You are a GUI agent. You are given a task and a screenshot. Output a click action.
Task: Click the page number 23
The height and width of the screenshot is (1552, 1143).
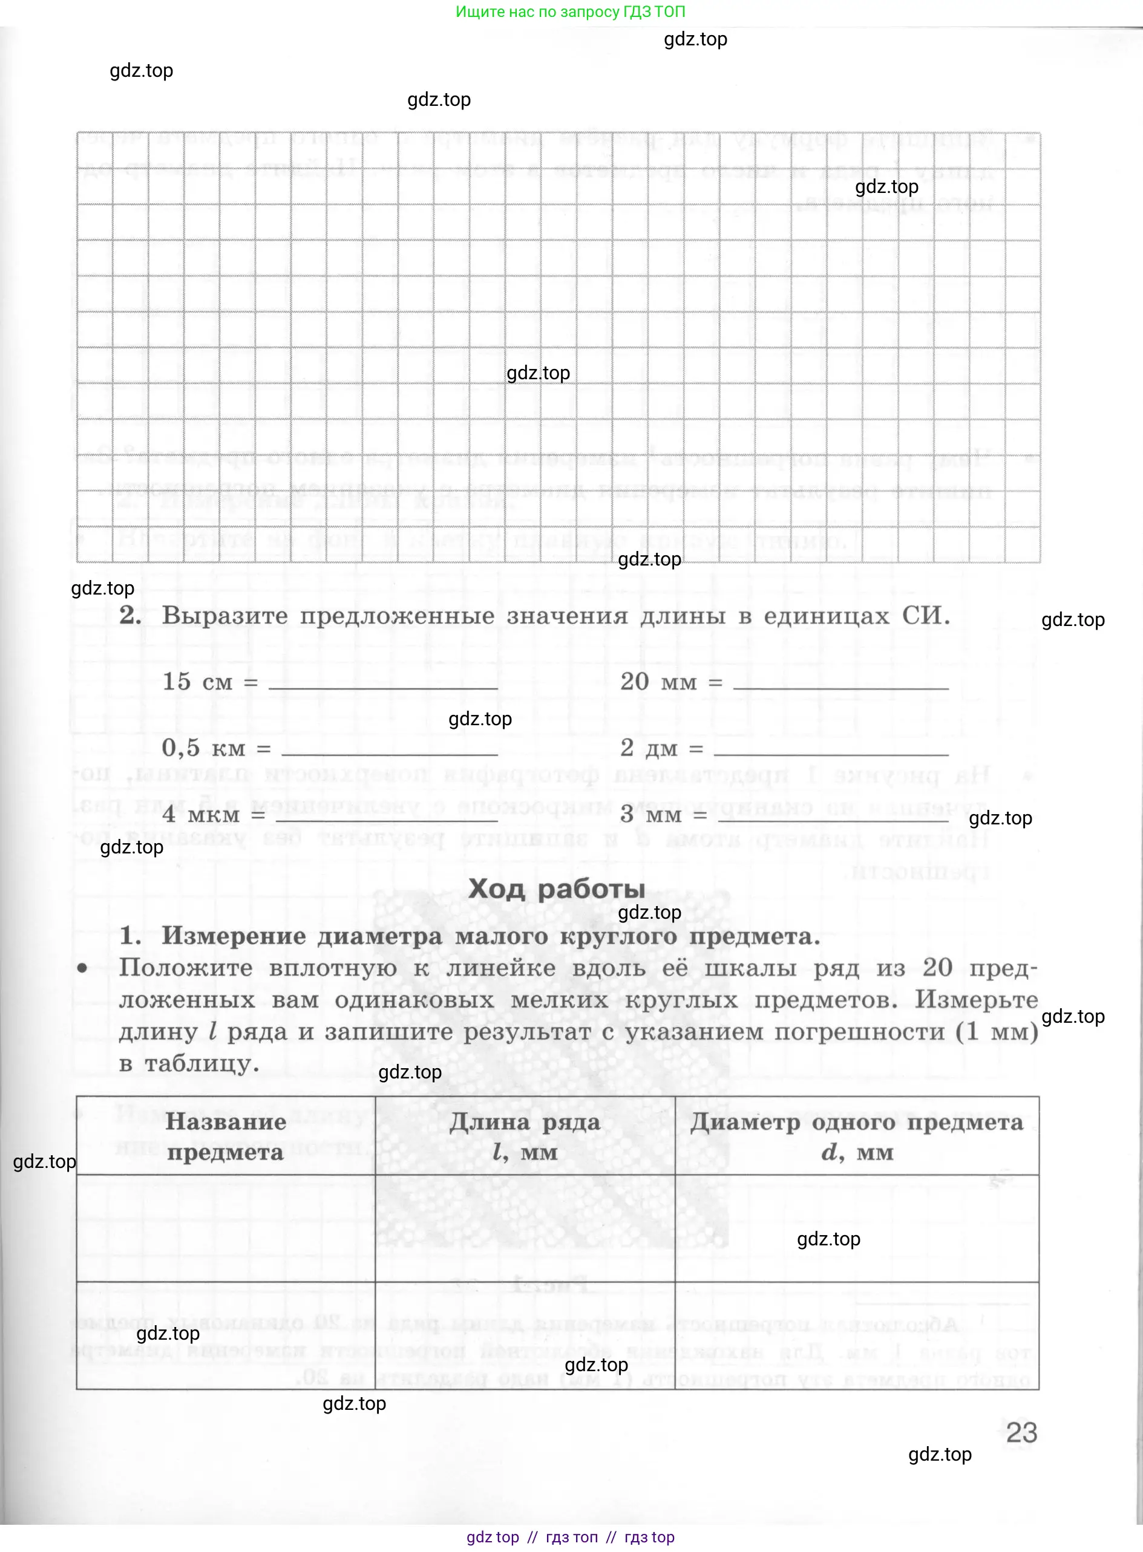(1021, 1432)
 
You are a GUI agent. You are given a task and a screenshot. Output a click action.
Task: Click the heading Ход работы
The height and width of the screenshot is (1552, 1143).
(557, 888)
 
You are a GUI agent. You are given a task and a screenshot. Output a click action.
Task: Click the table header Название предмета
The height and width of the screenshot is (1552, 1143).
(226, 1137)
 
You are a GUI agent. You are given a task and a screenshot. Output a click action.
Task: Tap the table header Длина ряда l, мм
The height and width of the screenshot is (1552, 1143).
(525, 1137)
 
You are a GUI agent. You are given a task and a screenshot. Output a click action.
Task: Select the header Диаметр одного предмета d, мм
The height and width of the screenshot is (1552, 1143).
(857, 1137)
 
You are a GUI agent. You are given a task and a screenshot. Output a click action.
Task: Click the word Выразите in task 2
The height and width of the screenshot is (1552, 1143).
(225, 616)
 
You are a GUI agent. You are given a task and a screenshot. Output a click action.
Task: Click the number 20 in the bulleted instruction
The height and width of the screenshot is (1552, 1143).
(937, 968)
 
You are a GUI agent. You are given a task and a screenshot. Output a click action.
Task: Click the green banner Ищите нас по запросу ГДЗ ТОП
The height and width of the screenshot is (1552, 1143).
(570, 11)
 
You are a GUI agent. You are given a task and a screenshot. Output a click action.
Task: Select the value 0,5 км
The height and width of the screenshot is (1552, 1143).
(203, 748)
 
